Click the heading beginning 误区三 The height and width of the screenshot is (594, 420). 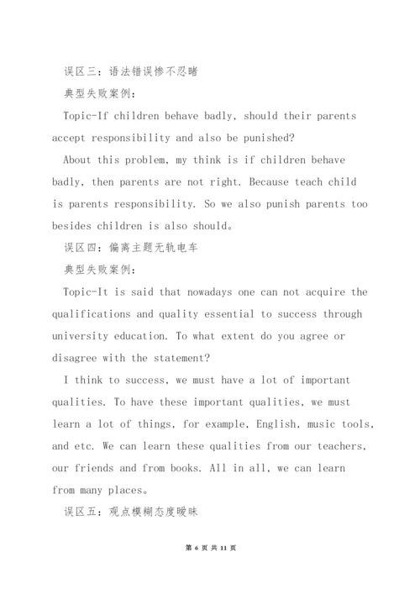pos(129,71)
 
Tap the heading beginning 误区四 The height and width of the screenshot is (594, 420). pos(129,247)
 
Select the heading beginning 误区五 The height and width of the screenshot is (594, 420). pos(129,511)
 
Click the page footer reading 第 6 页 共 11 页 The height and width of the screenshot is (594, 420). pos(210,571)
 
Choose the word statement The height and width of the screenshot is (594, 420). pos(202,357)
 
